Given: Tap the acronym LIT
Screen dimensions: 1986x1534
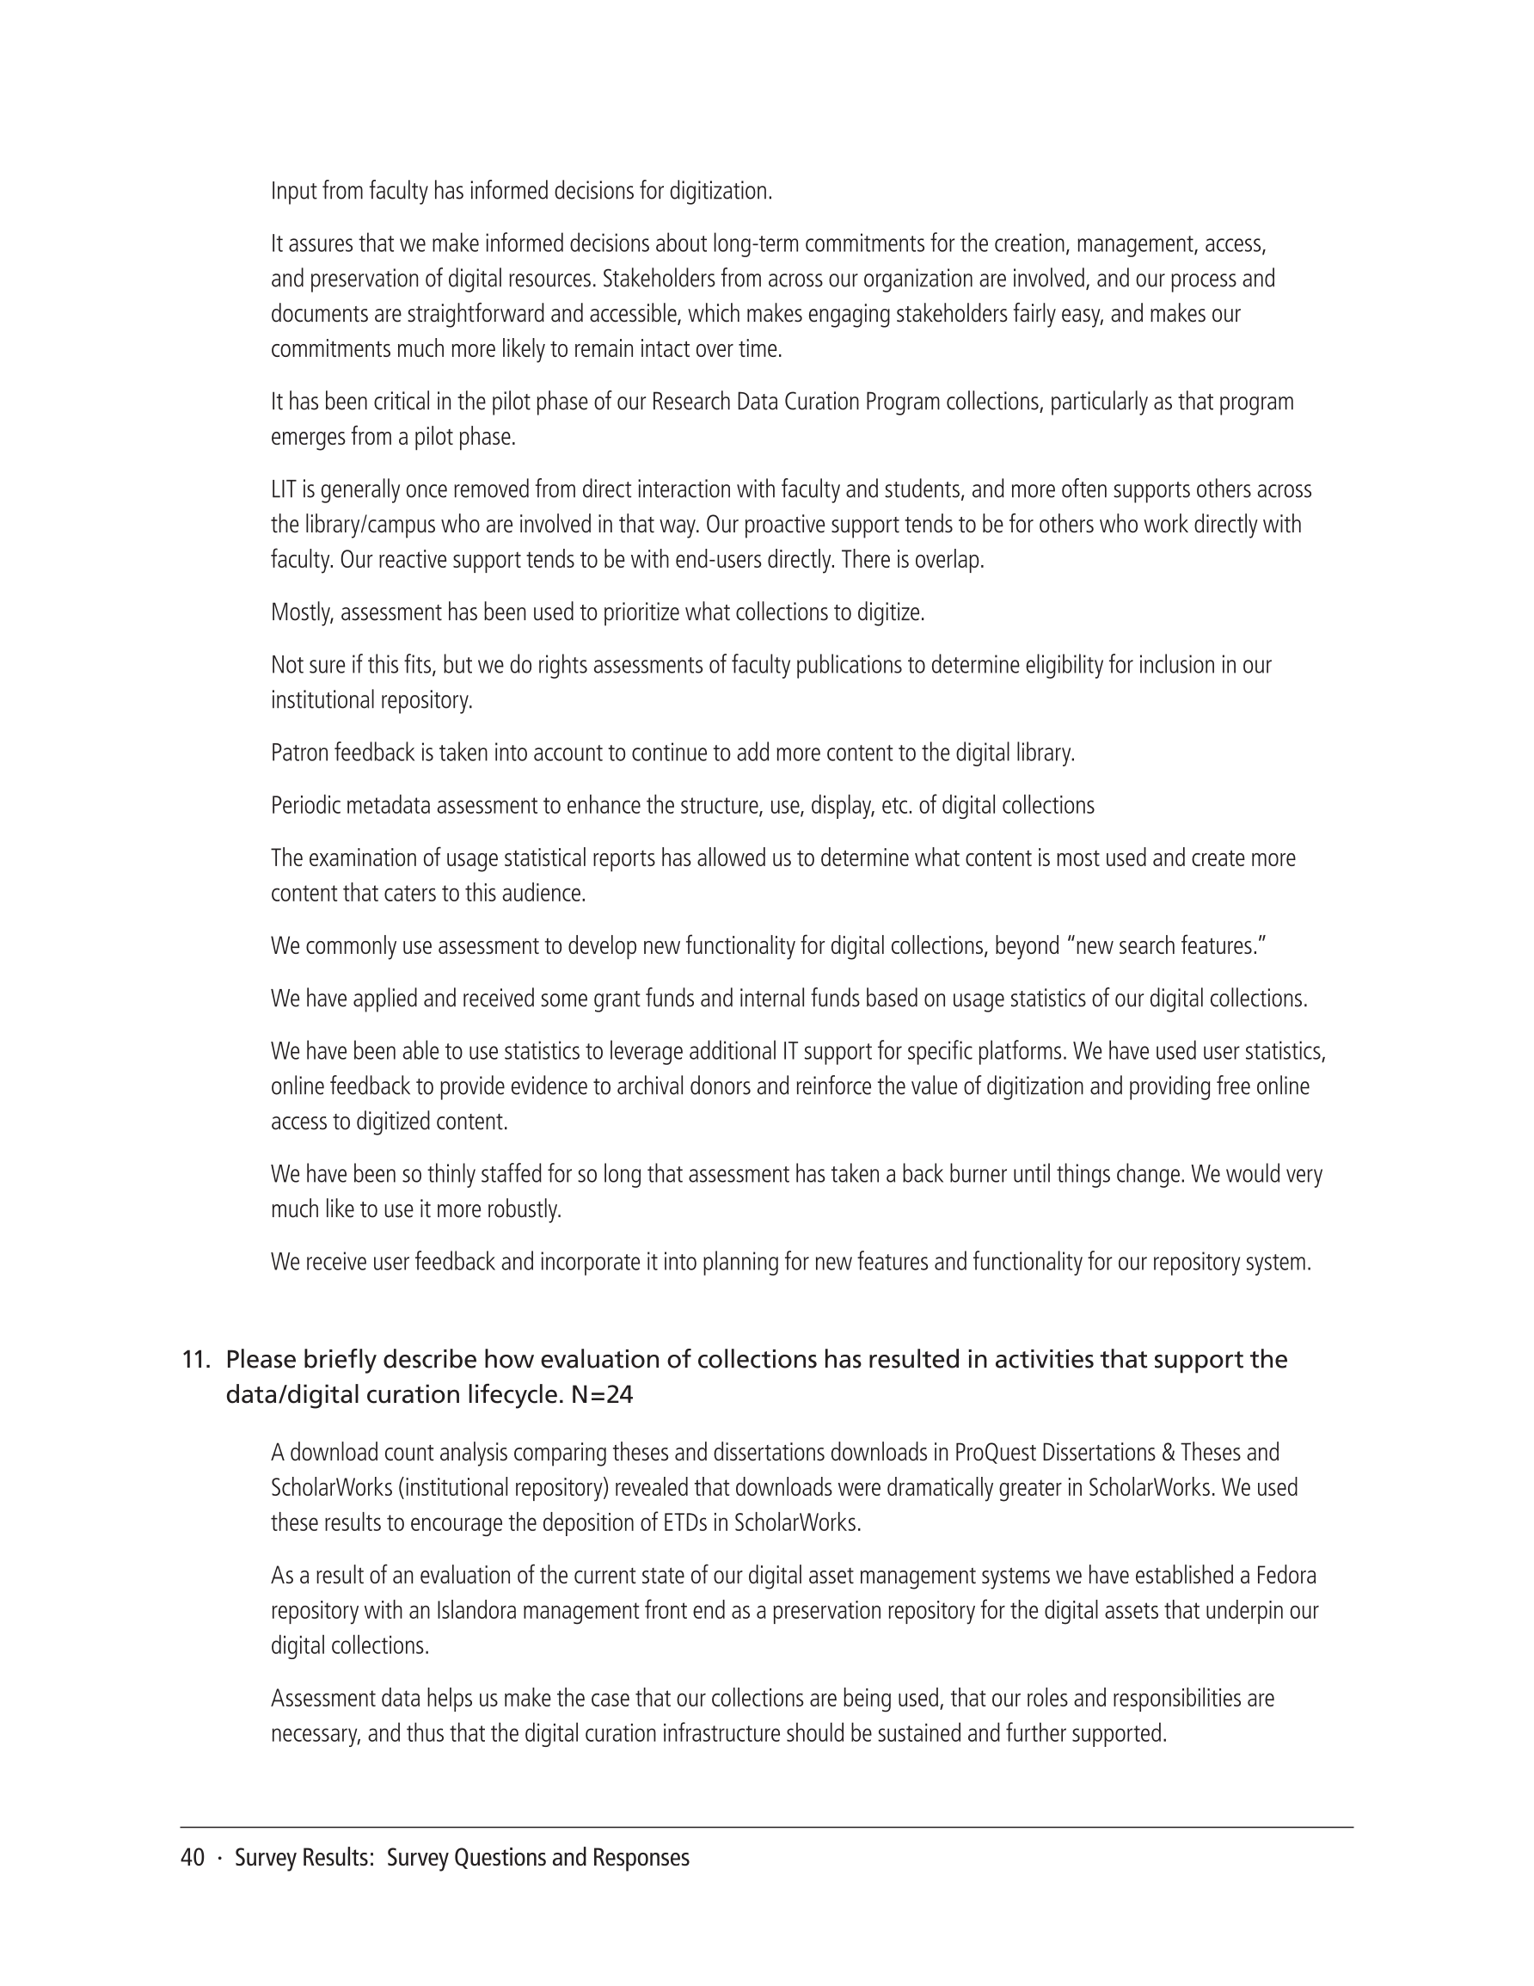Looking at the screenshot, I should click(x=282, y=490).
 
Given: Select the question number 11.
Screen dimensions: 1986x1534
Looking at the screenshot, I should click(x=194, y=1360).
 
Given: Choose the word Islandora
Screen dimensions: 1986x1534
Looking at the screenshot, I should click(x=476, y=1611).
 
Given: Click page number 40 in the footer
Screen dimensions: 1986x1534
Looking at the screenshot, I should click(x=193, y=1858).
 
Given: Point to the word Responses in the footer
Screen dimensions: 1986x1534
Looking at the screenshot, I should click(x=640, y=1858).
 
